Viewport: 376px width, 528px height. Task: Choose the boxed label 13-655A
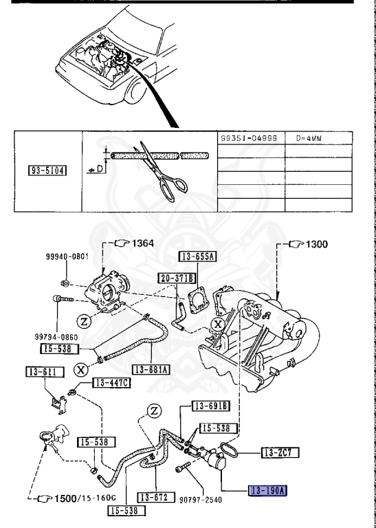(x=198, y=258)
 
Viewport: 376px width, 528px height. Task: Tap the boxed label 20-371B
(x=177, y=278)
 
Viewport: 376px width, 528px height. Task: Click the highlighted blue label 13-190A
(x=269, y=490)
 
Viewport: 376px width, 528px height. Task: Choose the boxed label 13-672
(x=154, y=496)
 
